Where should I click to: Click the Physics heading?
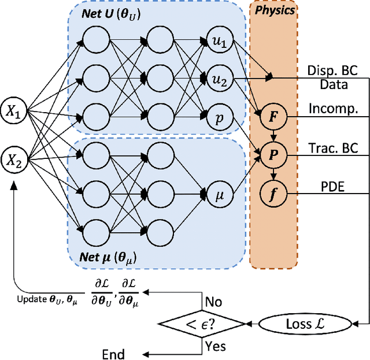tap(275, 10)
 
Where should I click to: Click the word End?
tap(113, 353)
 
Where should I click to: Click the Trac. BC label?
tap(334, 148)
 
